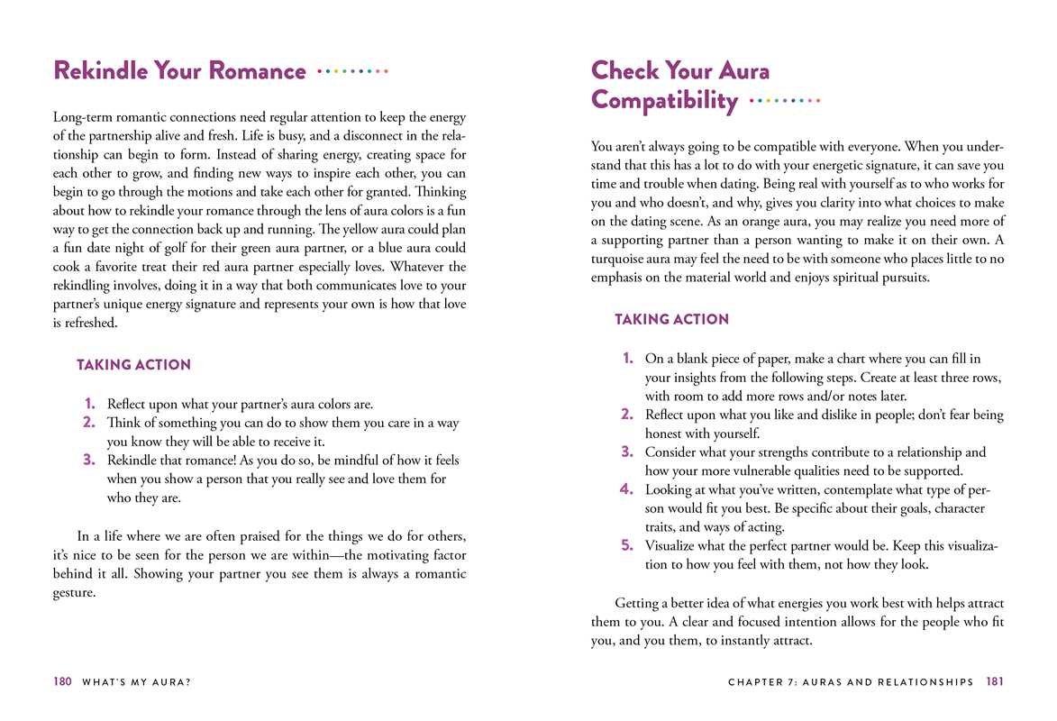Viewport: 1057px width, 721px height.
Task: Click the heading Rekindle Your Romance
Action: pyautogui.click(x=179, y=70)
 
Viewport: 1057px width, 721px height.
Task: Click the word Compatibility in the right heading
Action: pyautogui.click(x=664, y=100)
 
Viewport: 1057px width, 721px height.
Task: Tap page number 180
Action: pyautogui.click(x=61, y=682)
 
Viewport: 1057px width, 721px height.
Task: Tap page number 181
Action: pyautogui.click(x=995, y=682)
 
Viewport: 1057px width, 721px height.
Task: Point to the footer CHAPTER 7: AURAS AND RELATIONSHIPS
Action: pyautogui.click(x=851, y=682)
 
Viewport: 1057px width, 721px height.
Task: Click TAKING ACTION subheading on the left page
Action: pyautogui.click(x=133, y=365)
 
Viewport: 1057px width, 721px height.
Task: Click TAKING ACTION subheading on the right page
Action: pyautogui.click(x=671, y=319)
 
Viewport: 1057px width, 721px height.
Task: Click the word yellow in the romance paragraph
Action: pyautogui.click(x=356, y=228)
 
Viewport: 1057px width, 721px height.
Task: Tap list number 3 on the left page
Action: pyautogui.click(x=89, y=461)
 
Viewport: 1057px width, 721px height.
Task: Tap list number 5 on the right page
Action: pyautogui.click(x=627, y=545)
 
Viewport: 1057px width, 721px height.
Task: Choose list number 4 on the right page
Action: pyautogui.click(x=627, y=489)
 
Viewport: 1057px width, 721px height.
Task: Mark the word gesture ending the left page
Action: pyautogui.click(x=74, y=592)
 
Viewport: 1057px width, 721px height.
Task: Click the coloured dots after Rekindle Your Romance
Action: pyautogui.click(x=353, y=70)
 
